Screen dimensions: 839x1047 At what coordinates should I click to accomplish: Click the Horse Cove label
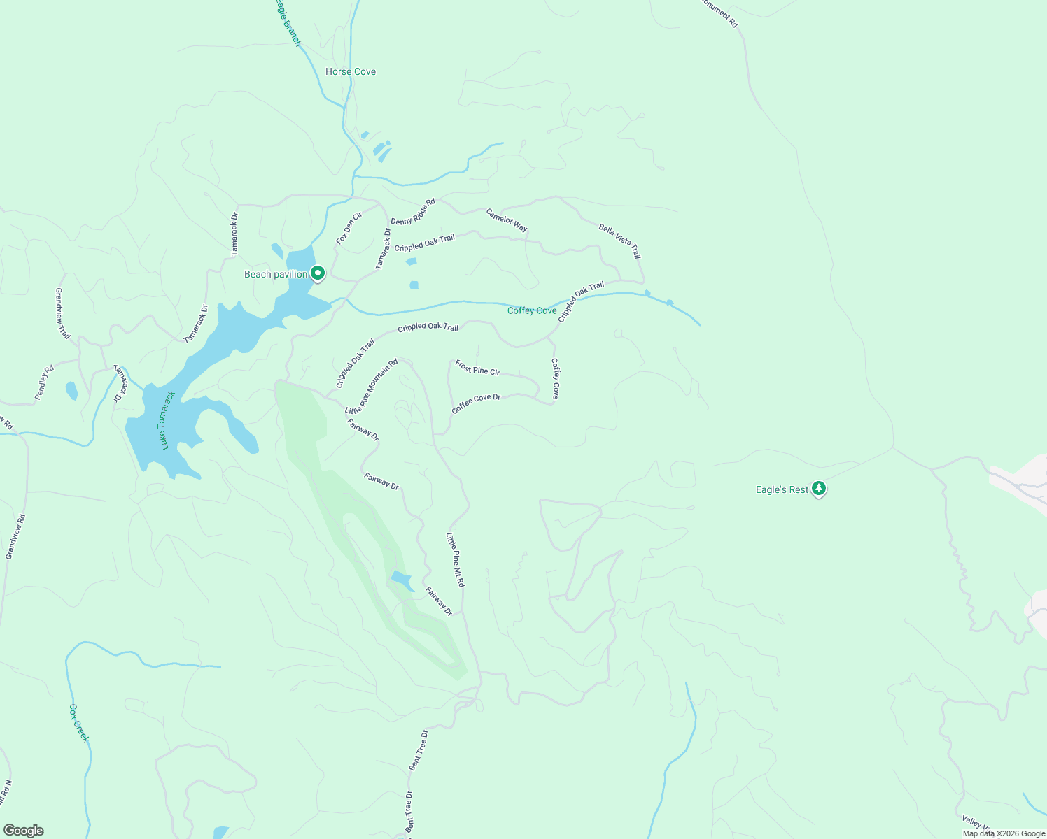tap(351, 72)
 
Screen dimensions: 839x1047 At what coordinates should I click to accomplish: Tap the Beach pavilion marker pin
tap(318, 273)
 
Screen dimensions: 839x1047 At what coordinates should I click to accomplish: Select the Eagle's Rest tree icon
tap(819, 489)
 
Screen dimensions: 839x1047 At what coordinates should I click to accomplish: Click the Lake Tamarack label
tap(167, 420)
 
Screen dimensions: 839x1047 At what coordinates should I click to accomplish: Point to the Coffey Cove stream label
tap(532, 310)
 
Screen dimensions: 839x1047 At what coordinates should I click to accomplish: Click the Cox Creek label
tap(79, 723)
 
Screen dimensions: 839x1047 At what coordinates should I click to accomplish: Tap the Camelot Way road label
tap(507, 220)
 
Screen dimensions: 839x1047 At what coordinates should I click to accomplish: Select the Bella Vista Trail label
tap(619, 241)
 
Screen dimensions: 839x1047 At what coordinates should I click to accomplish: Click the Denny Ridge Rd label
tap(413, 212)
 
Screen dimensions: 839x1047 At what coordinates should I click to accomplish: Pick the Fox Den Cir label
tap(349, 228)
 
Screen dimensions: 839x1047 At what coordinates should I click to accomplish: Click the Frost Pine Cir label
tap(477, 368)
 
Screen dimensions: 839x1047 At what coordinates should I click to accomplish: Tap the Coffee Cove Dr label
tap(476, 403)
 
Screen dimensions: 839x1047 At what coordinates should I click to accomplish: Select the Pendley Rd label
tap(44, 383)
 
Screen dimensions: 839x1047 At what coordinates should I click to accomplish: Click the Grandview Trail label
tap(63, 314)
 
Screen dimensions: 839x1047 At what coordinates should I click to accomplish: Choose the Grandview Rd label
tap(15, 537)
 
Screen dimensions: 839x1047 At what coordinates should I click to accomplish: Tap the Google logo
tap(23, 831)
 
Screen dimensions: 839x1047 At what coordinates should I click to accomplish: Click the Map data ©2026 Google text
tap(1004, 833)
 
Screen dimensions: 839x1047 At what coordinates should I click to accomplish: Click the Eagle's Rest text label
tap(782, 489)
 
